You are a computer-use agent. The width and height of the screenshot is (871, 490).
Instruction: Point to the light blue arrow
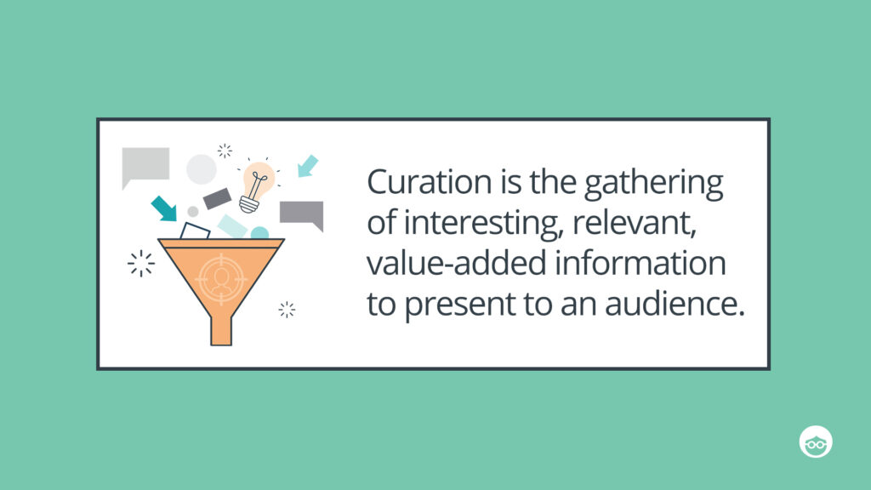[307, 166]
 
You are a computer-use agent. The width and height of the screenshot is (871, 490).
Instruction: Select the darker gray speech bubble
[302, 214]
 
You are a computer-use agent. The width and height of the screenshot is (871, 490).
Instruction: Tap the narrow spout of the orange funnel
[220, 328]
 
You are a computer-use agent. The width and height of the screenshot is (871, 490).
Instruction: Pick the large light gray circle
[202, 168]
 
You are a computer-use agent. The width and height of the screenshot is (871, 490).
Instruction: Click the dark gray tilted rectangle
[218, 198]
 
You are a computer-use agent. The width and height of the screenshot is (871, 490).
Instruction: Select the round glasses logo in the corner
[816, 441]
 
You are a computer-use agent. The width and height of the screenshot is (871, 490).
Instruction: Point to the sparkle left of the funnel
[141, 264]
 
